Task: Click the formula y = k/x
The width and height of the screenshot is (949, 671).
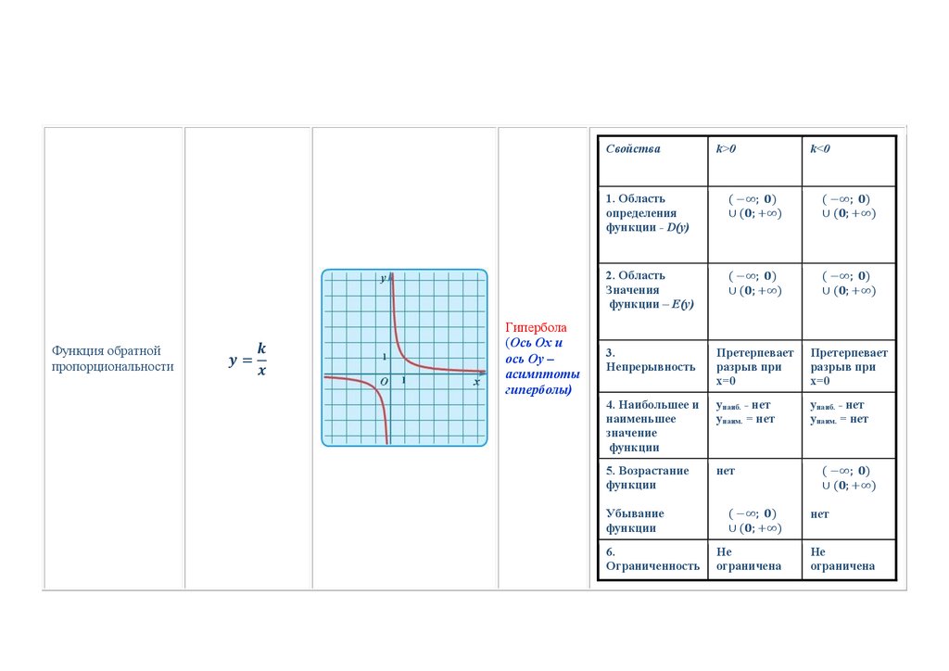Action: (247, 360)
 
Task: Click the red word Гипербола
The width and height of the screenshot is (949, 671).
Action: (536, 327)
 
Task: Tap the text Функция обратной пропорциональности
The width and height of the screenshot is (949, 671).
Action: (112, 358)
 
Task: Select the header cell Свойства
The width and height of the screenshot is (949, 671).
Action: (633, 149)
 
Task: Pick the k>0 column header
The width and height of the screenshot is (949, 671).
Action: (726, 149)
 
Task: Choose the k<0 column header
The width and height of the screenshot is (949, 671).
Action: (820, 149)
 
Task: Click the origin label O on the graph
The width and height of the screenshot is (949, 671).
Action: (384, 382)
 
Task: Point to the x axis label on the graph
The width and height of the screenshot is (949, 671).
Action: (477, 382)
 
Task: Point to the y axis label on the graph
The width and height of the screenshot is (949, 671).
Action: (383, 278)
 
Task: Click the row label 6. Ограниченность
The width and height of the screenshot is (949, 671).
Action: (652, 559)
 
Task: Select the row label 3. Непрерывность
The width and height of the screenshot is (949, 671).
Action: (651, 360)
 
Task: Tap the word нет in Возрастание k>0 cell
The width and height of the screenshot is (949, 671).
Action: (726, 471)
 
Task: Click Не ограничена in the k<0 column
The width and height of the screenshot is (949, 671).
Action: (842, 559)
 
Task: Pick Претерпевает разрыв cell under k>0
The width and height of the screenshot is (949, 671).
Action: (754, 367)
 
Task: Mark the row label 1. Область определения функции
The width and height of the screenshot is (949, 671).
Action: (648, 213)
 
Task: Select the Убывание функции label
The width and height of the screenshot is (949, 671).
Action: (635, 520)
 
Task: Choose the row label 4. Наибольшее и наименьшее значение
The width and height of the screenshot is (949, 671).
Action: (652, 426)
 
